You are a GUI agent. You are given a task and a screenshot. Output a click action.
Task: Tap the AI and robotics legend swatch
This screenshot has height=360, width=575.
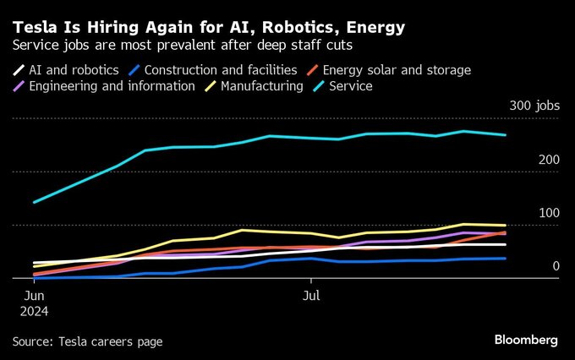point(19,70)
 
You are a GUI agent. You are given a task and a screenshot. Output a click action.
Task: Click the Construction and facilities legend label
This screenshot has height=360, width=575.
point(221,70)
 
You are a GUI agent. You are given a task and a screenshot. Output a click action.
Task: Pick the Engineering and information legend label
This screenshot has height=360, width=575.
point(112,86)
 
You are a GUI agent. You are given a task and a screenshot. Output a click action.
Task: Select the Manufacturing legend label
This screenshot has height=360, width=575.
point(264,86)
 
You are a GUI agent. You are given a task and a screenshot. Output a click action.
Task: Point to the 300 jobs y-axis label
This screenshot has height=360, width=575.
point(534,106)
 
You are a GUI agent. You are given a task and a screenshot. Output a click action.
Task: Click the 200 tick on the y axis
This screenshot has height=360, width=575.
point(548,160)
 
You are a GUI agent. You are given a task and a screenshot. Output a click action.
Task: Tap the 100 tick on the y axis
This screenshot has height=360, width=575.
point(548,213)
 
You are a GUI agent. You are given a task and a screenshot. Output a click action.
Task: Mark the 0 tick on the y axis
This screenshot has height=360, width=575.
point(556,266)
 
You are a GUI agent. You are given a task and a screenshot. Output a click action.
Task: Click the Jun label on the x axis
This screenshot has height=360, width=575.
point(35,296)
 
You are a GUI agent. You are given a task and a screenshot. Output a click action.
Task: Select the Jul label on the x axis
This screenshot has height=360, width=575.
point(310,296)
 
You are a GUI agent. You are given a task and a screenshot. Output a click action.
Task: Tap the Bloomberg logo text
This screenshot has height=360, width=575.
point(526,340)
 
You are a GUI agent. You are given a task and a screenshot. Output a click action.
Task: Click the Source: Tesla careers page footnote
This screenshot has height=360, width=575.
point(87,341)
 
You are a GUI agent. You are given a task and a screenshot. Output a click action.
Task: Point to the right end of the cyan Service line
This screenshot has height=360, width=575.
point(506,135)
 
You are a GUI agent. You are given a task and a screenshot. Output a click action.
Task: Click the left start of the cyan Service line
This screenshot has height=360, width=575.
point(34,202)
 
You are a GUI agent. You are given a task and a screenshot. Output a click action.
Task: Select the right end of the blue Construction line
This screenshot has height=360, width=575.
point(506,259)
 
